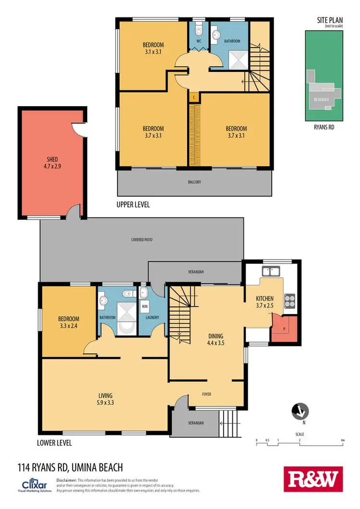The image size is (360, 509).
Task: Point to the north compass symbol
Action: point(300,412)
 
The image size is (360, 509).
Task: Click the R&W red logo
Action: point(314,479)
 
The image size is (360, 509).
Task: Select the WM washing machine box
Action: point(144,306)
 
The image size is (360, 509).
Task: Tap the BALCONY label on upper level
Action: point(194,182)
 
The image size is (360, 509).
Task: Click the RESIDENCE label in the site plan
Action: point(321,99)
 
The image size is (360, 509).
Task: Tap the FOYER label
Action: point(206,394)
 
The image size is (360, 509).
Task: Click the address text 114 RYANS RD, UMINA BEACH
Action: point(70,467)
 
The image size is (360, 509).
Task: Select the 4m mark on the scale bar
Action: point(342,440)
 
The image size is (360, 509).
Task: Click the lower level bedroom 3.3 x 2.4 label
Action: point(69,322)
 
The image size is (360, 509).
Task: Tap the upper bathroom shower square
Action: point(237,59)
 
